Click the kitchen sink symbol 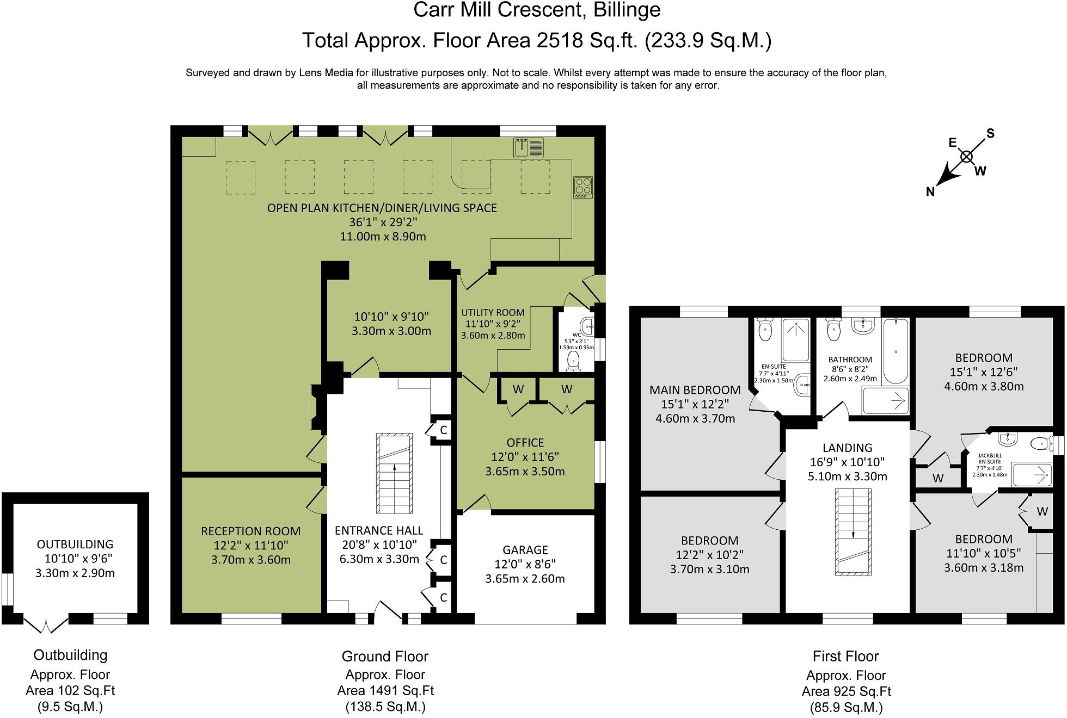pos(529,147)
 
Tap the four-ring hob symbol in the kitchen pos(582,187)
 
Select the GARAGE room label pos(525,550)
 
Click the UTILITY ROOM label pos(493,313)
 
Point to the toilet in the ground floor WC pos(573,361)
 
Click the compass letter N pos(930,191)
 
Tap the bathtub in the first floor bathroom pos(894,351)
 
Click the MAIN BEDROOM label pos(695,390)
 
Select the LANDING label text pos(847,448)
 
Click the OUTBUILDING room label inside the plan pos(75,544)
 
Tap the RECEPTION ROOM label pos(250,531)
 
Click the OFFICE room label pos(525,443)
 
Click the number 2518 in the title pos(560,40)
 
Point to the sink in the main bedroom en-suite pos(802,385)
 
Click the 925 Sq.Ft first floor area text pos(846,691)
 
